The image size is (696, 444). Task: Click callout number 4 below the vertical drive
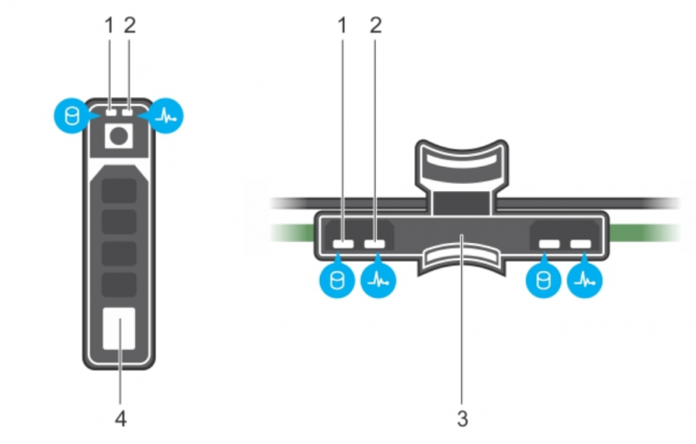click(120, 420)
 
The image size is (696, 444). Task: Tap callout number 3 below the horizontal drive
click(463, 420)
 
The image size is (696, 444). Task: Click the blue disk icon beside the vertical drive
click(69, 117)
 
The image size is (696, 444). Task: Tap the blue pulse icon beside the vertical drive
click(166, 117)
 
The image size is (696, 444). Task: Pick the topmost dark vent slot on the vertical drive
click(120, 191)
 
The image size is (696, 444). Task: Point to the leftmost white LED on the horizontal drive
click(343, 244)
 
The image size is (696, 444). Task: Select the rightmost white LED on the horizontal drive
click(580, 244)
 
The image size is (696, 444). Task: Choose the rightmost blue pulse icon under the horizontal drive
click(582, 282)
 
